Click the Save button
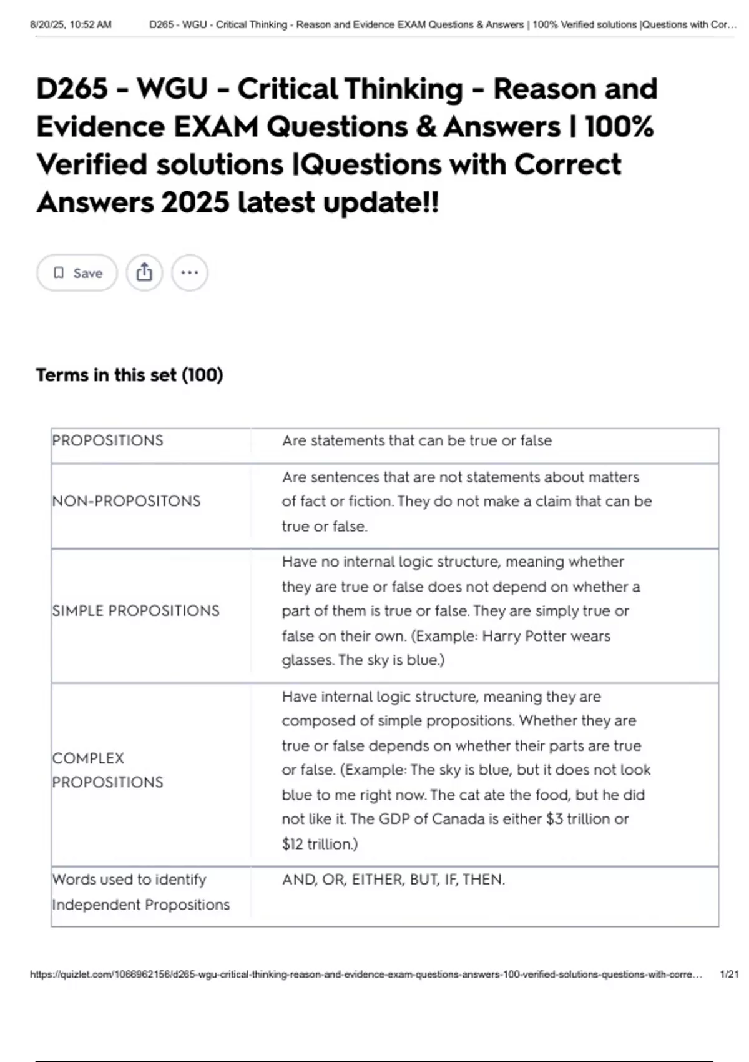(x=77, y=273)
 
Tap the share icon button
(x=144, y=273)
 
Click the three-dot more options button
(x=190, y=273)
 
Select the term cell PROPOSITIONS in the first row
(x=107, y=440)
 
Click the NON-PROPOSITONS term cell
(x=126, y=501)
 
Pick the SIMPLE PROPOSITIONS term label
(x=135, y=610)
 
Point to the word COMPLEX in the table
(x=88, y=758)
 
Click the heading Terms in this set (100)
(x=129, y=375)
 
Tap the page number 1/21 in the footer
(x=729, y=974)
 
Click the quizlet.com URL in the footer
(x=365, y=974)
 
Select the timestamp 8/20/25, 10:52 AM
(x=71, y=25)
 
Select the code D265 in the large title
(x=72, y=89)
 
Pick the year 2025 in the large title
(x=194, y=202)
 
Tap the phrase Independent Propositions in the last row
(x=140, y=905)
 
